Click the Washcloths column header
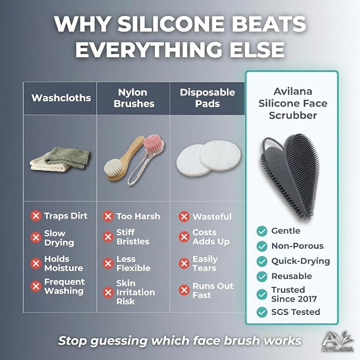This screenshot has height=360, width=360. [x=61, y=98]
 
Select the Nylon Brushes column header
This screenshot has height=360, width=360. [x=134, y=98]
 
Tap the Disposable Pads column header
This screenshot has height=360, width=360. [x=207, y=98]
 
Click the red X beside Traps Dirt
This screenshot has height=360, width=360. [x=36, y=216]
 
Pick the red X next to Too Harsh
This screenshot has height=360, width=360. [x=108, y=216]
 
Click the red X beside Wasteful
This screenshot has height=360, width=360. [x=184, y=216]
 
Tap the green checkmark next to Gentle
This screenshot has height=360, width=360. [x=262, y=231]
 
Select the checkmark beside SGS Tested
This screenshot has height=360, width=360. [x=262, y=312]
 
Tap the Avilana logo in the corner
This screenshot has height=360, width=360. [x=337, y=341]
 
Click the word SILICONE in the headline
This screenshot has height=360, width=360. [x=171, y=24]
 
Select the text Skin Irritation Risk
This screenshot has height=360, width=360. [x=135, y=292]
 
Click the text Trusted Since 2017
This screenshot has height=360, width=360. [x=294, y=294]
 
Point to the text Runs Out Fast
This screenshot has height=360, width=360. [x=213, y=291]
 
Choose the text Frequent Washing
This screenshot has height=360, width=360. [x=64, y=286]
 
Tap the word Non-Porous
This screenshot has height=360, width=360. [x=297, y=246]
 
